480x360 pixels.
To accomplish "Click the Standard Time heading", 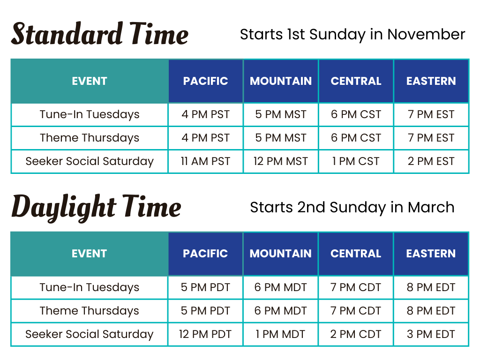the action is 100,34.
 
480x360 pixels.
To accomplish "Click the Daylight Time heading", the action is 96,208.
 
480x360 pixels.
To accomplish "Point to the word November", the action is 426,34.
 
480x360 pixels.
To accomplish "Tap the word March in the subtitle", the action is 431,207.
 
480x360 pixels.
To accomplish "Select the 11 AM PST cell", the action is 205,161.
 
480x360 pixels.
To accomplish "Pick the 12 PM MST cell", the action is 281,161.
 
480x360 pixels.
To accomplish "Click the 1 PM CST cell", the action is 356,161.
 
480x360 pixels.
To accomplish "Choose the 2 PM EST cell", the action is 431,161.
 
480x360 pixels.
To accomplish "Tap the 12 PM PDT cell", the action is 205,334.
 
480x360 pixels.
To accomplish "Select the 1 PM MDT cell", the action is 280,334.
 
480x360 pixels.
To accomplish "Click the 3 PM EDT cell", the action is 431,334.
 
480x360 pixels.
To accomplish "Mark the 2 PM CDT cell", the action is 356,334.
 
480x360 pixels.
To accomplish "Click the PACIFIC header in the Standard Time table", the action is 205,81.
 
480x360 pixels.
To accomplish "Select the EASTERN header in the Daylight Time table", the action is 431,254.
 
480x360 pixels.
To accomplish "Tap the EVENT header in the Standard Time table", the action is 90,81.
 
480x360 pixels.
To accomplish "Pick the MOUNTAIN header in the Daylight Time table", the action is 280,254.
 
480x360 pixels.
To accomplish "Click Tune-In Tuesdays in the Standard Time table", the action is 90,114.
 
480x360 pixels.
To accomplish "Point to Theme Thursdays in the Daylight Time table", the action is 90,311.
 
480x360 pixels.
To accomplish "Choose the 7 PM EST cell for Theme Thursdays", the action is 431,138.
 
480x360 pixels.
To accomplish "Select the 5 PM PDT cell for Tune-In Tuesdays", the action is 205,287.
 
